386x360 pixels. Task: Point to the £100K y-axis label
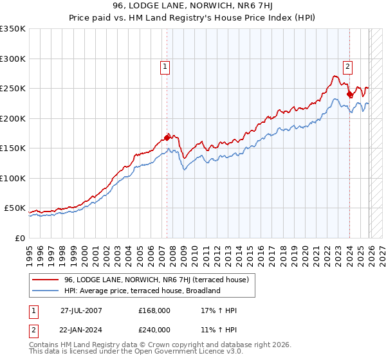pyautogui.click(x=13, y=178)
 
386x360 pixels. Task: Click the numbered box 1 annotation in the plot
pyautogui.click(x=165, y=66)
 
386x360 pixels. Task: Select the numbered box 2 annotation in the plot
pyautogui.click(x=348, y=66)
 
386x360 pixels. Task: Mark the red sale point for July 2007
pyautogui.click(x=167, y=137)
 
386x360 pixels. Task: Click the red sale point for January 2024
pyautogui.click(x=349, y=94)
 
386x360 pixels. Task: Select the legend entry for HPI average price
pyautogui.click(x=142, y=291)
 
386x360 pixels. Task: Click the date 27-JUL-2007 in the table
pyautogui.click(x=81, y=310)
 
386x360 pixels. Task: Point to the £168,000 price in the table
pyautogui.click(x=154, y=310)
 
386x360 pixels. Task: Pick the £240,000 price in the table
pyautogui.click(x=154, y=330)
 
